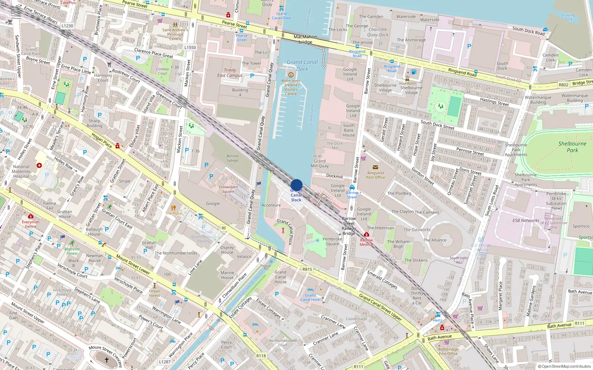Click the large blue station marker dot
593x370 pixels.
[x=296, y=185]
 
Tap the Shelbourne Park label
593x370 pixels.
[x=572, y=147]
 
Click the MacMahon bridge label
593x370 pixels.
[x=305, y=39]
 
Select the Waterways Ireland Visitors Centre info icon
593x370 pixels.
[x=291, y=75]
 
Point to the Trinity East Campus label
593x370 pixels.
[x=230, y=73]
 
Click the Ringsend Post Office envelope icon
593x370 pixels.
[x=375, y=167]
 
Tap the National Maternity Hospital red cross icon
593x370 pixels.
[x=39, y=165]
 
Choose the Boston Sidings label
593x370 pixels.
[x=232, y=158]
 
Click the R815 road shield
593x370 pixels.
[x=307, y=269]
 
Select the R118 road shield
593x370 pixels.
[x=261, y=356]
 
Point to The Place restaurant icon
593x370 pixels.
[x=173, y=208]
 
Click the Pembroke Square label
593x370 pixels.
[x=332, y=241]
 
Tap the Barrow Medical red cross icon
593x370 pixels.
[x=367, y=234]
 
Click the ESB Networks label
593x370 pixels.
[x=526, y=221]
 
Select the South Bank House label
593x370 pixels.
[x=349, y=130]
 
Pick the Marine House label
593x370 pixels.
[x=227, y=275]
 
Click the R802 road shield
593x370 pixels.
[x=563, y=85]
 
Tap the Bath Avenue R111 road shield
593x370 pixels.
[x=580, y=323]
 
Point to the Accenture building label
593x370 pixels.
[x=271, y=205]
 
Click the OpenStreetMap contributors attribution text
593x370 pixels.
[x=566, y=367]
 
